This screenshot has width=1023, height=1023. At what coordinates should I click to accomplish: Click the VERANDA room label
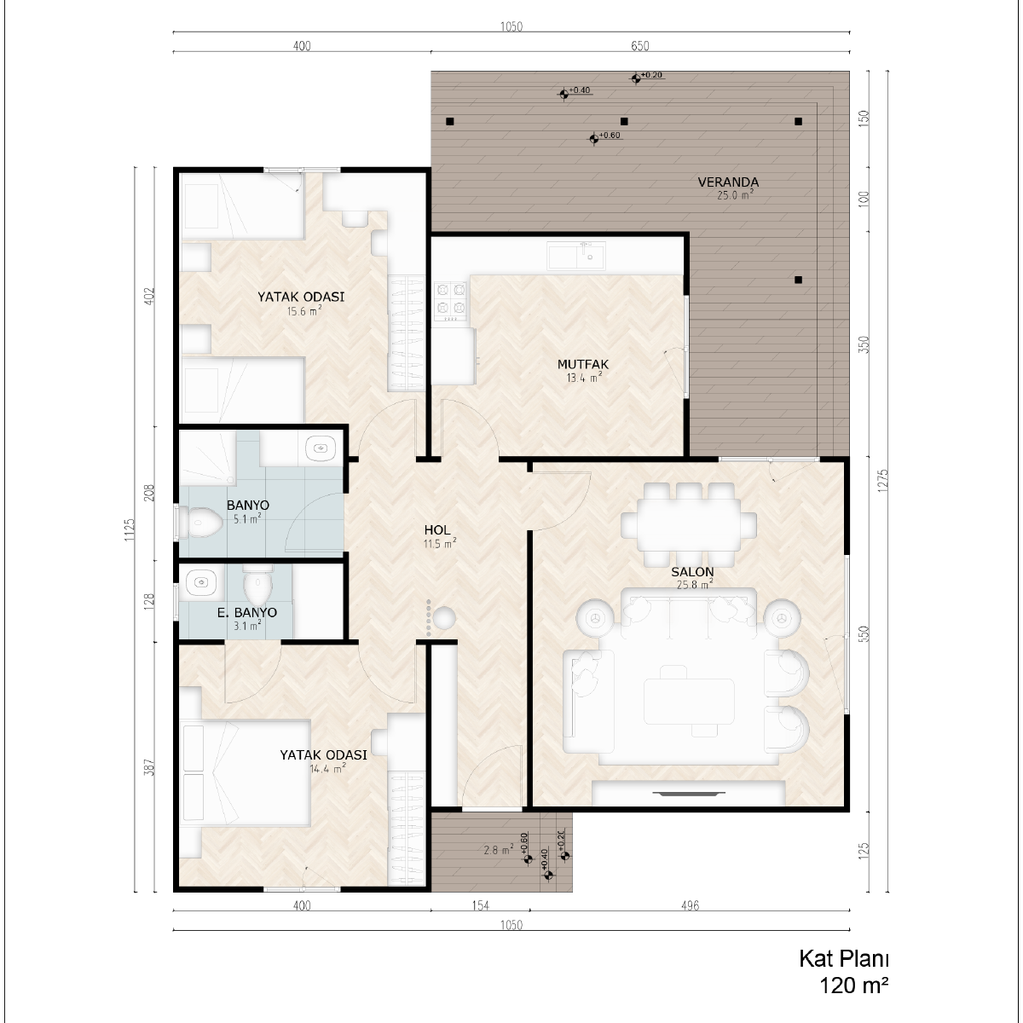click(728, 182)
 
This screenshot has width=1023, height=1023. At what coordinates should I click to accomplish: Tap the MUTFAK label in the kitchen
click(583, 364)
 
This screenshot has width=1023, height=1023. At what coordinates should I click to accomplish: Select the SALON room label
click(692, 572)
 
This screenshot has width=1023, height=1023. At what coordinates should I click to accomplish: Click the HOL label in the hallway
click(437, 529)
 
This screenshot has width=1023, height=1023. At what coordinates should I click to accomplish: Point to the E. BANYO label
click(247, 612)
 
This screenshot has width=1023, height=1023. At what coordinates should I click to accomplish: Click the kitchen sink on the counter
click(577, 256)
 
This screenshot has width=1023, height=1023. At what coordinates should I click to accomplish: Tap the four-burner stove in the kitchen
click(451, 301)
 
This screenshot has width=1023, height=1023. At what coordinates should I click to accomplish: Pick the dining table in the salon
click(689, 524)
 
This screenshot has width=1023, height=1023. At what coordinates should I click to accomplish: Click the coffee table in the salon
click(689, 702)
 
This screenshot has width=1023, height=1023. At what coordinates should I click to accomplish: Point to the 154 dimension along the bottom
click(480, 905)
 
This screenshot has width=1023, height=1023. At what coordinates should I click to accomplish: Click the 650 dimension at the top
click(639, 46)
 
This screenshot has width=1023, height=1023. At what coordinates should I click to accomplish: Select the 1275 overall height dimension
click(883, 480)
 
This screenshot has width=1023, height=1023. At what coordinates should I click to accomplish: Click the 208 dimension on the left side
click(149, 492)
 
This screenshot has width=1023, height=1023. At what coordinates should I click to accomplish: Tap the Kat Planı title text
click(844, 959)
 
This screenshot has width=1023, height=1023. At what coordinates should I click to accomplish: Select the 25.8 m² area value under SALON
click(695, 585)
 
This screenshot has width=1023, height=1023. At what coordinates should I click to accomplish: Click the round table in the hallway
click(444, 617)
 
